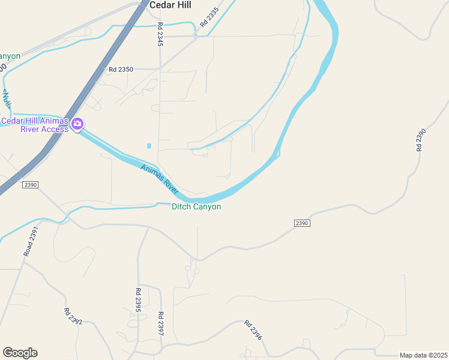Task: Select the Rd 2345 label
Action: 160,35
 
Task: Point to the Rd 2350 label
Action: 121,70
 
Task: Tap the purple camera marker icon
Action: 77,124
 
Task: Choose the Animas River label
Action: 160,178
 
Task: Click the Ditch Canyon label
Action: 196,207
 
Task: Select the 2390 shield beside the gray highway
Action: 30,185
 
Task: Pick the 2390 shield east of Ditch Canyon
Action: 302,223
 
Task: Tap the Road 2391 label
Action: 31,242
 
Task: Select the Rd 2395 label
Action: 137,299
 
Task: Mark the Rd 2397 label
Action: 160,323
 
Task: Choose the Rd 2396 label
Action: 253,331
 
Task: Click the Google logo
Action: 20,353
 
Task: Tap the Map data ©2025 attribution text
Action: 423,355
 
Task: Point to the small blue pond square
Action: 149,146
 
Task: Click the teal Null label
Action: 7,100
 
